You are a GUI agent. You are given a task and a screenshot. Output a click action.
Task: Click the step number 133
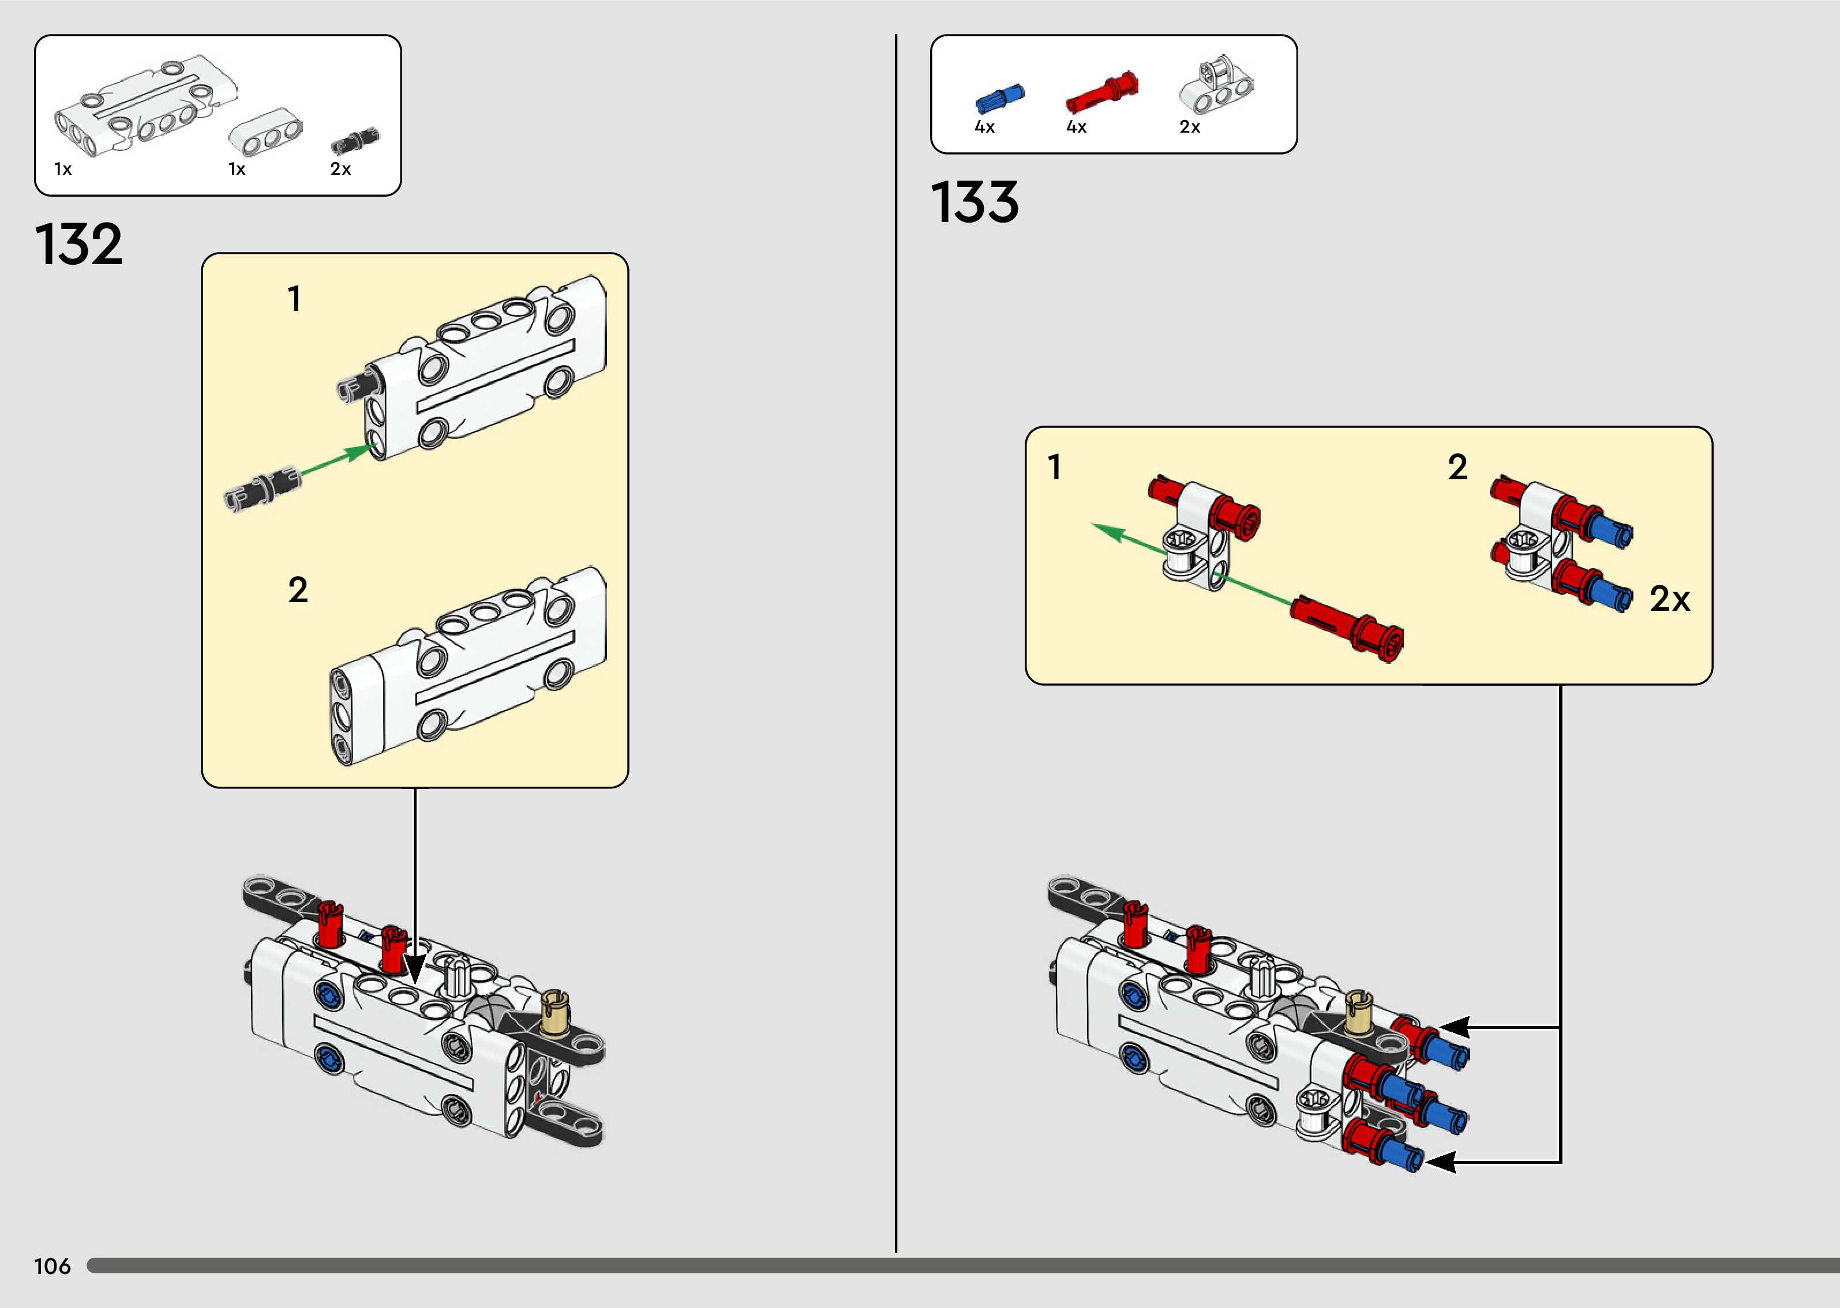pyautogui.click(x=975, y=202)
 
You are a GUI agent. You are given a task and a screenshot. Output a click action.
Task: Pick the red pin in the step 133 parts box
pyautogui.click(x=1101, y=93)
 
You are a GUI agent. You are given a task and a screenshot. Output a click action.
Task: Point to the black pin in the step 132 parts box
pyautogui.click(x=355, y=141)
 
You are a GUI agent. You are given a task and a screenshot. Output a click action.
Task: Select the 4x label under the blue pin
pyautogui.click(x=984, y=127)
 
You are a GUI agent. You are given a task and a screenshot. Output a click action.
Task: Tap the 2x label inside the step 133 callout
pyautogui.click(x=1669, y=599)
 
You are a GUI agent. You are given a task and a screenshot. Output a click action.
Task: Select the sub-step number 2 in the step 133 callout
pyautogui.click(x=1457, y=467)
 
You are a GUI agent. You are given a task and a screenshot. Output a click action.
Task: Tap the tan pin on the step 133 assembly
pyautogui.click(x=1359, y=1012)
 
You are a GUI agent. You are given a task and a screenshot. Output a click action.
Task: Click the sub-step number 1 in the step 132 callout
pyautogui.click(x=295, y=299)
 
